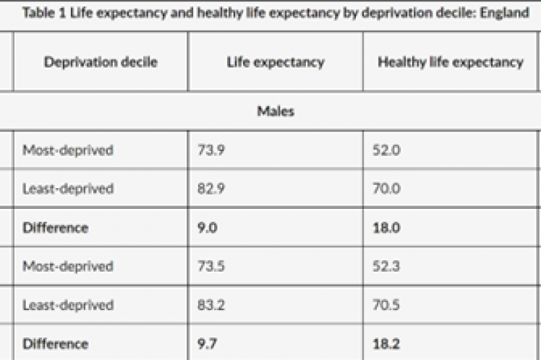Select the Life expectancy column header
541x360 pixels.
(275, 62)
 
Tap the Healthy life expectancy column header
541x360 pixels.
(450, 62)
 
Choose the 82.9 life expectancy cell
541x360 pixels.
(210, 189)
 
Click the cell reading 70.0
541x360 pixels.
(385, 189)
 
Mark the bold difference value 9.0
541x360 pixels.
(207, 228)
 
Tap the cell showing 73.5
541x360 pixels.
(210, 266)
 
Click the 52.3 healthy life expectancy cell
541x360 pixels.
(385, 266)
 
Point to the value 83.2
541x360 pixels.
(210, 305)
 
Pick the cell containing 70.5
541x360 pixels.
(385, 305)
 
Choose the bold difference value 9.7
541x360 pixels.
(207, 343)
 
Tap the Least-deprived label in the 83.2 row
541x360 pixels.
(68, 305)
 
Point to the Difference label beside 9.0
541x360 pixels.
(56, 228)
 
